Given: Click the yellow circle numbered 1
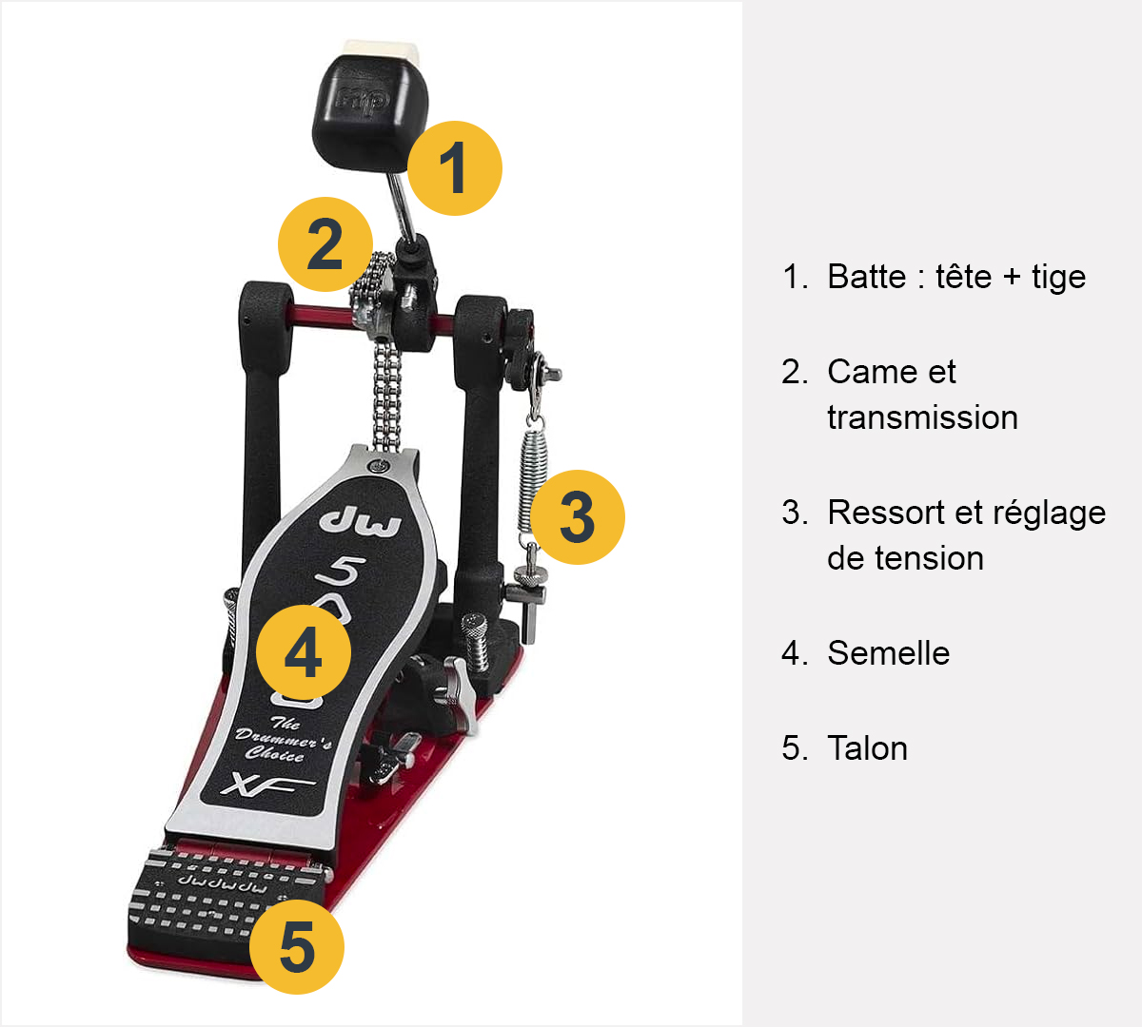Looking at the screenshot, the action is tap(454, 168).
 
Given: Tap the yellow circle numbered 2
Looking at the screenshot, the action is tap(325, 244).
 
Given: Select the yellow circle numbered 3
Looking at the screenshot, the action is tap(578, 517).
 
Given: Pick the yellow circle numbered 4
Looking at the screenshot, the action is tap(304, 652).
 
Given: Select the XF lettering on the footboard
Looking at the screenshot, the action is tap(267, 785).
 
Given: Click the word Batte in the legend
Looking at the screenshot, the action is tap(866, 277).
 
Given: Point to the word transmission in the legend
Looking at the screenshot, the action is tap(922, 417).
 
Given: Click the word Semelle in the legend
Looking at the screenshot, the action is tap(888, 653).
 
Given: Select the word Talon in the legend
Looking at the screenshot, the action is tap(867, 748).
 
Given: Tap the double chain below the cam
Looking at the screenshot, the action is tap(386, 393).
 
